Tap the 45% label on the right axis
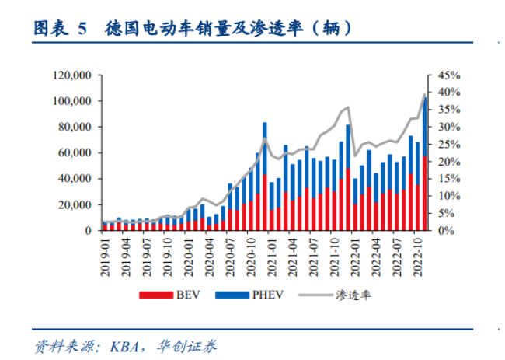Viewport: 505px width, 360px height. pos(450,75)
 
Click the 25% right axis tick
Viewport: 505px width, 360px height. pos(450,145)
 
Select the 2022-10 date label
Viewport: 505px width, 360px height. pos(418,253)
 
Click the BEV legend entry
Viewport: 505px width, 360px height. pos(162,295)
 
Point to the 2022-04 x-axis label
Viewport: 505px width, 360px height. pos(377,253)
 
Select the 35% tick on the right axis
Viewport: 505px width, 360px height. pos(450,110)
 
